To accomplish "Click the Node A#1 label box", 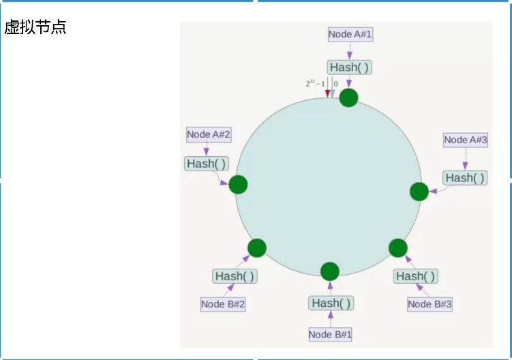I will [x=350, y=34].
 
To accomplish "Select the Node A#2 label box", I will [x=209, y=134].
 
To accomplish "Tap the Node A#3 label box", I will [x=466, y=140].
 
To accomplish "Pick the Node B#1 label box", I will [x=330, y=334].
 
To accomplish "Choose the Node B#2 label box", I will [x=223, y=304].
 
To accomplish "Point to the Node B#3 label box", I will [x=430, y=304].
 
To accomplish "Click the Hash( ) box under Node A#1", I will [x=350, y=67].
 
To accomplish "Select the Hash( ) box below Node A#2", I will [x=207, y=164].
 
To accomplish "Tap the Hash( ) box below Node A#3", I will [x=465, y=177].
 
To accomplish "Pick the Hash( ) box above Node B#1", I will [x=331, y=303].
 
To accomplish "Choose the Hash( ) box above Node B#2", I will [x=235, y=276].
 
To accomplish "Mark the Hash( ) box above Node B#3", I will [x=415, y=276].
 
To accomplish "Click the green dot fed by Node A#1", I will [x=348, y=97].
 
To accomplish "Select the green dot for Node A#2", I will [x=238, y=184].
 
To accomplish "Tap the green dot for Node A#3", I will [x=419, y=192].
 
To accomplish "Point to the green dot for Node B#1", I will [x=330, y=271].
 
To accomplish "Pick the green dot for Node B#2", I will [x=257, y=247].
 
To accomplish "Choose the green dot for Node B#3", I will [x=398, y=247].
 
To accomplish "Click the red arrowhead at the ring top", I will [x=327, y=94].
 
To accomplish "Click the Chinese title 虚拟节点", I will [x=35, y=28].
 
